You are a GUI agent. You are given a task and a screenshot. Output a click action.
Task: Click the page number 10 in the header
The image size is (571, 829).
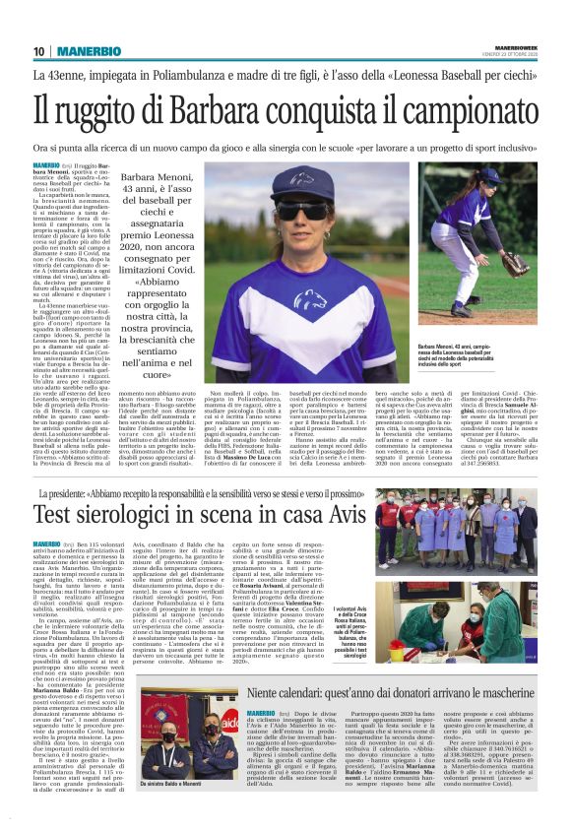tap(38, 50)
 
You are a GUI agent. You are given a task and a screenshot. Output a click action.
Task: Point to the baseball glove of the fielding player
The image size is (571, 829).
tap(514, 264)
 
